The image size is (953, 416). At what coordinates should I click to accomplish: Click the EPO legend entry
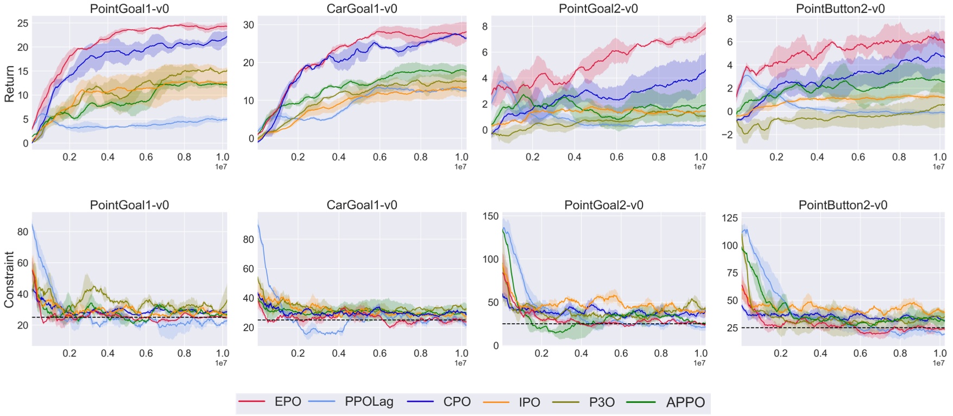point(287,402)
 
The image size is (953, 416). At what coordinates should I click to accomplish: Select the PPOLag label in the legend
point(369,402)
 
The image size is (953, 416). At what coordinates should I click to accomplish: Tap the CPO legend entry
point(457,402)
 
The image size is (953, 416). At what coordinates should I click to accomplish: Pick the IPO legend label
point(529,402)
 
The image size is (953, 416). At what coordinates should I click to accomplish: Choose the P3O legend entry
point(602,402)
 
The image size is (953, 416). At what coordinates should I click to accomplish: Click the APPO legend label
point(685,402)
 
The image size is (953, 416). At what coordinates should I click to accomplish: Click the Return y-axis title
point(9,84)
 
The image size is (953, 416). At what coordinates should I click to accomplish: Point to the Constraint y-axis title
point(9,280)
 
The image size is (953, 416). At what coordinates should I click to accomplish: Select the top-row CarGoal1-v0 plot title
point(362,9)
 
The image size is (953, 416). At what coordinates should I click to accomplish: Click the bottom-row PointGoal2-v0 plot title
point(604,205)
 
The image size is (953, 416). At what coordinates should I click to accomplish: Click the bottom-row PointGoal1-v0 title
point(129,205)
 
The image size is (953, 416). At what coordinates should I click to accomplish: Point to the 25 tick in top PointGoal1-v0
point(23,23)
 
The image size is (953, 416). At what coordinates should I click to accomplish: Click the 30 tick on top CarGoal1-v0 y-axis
point(249,25)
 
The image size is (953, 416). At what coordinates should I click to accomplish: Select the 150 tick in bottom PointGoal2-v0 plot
point(490,216)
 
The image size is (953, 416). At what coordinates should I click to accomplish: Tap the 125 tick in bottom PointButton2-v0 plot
point(730,218)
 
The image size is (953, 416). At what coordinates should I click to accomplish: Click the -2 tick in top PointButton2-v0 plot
point(728,135)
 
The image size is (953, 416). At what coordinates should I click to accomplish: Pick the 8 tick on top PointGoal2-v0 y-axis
point(485,27)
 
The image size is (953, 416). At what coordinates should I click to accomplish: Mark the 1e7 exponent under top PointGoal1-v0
point(220,167)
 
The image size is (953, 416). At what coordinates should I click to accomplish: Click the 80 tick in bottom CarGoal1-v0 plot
point(249,239)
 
